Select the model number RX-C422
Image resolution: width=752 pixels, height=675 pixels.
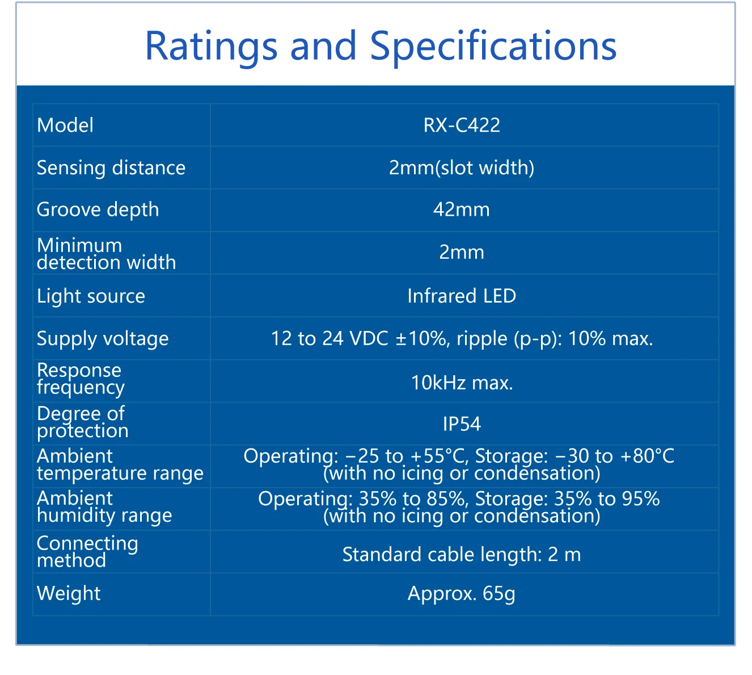click(x=462, y=125)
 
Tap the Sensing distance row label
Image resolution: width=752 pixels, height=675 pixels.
click(x=111, y=168)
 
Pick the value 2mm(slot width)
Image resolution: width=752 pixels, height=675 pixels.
click(x=462, y=168)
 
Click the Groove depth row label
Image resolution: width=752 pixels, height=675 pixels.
click(x=98, y=210)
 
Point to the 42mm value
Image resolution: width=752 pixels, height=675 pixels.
click(x=462, y=209)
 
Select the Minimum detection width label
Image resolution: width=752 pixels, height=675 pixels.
click(x=106, y=254)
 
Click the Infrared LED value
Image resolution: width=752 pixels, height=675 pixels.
click(x=462, y=296)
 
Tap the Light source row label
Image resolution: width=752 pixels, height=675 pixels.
click(x=91, y=297)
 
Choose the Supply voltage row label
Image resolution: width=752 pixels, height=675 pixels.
click(x=103, y=339)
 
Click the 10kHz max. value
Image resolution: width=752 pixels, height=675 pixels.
click(x=462, y=383)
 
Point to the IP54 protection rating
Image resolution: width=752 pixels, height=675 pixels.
click(x=462, y=424)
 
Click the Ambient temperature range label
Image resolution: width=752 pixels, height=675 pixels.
click(x=120, y=465)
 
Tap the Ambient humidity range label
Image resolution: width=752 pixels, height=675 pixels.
click(x=104, y=508)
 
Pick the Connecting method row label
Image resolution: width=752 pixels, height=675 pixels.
click(x=87, y=552)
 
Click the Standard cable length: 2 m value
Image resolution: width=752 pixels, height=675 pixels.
click(x=462, y=555)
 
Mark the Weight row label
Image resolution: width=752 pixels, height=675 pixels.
click(x=69, y=593)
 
